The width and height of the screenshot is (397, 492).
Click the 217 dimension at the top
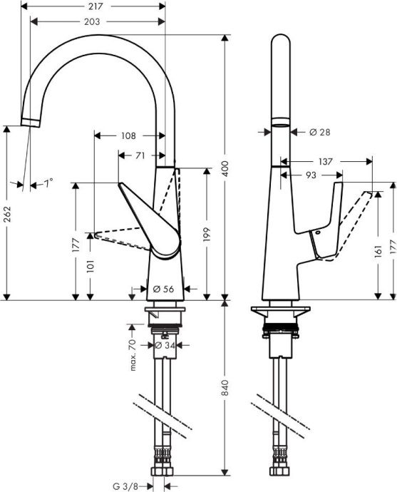pos(98,6)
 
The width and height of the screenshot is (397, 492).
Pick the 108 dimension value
pos(128,135)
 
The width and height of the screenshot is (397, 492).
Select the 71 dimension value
pos(140,155)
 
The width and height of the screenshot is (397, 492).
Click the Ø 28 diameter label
pos(321,132)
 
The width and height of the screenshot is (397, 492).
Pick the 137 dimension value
pos(325,163)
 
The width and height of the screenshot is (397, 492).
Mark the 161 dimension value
pos(378,252)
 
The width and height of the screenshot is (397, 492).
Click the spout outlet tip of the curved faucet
pos(29,121)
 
